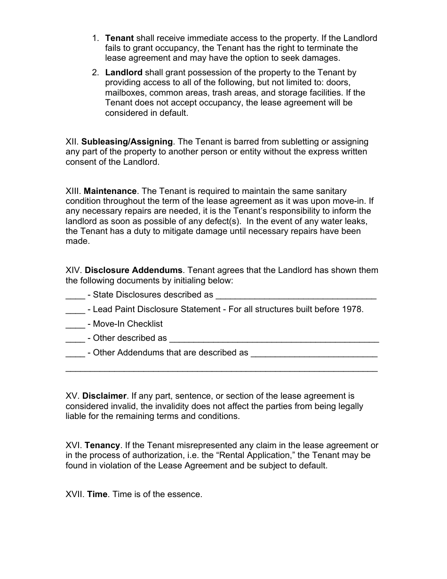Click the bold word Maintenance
click(110, 191)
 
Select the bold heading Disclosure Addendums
click(133, 270)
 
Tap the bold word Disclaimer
click(105, 396)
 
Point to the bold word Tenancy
click(102, 445)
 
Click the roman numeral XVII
click(75, 495)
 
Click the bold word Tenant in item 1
click(120, 38)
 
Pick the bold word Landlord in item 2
click(124, 72)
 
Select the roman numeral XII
click(72, 142)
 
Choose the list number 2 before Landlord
click(95, 72)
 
